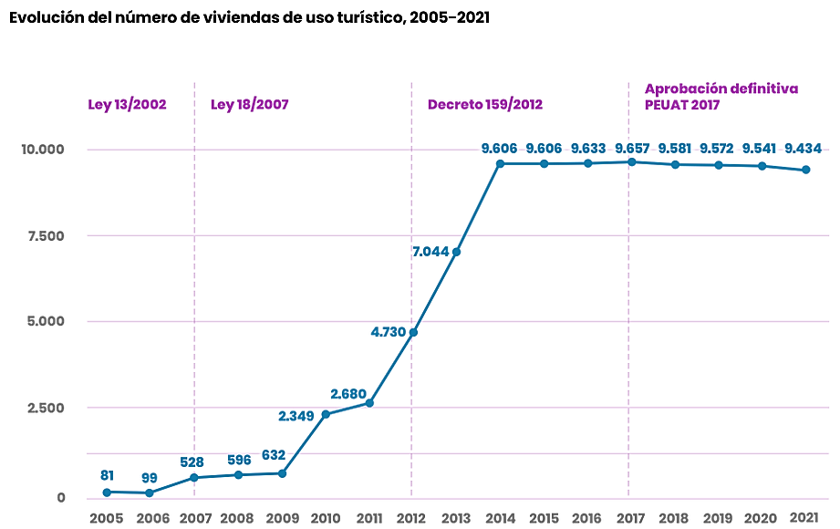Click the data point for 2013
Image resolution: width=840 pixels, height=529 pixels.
click(x=456, y=252)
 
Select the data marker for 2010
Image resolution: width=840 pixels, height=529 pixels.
click(x=326, y=414)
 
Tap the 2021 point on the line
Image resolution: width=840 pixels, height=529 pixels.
click(x=805, y=170)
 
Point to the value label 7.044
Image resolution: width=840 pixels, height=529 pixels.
click(x=430, y=252)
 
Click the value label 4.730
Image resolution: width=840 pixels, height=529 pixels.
click(x=388, y=332)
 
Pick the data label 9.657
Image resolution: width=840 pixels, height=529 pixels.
click(x=633, y=149)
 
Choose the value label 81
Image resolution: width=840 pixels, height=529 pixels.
click(x=107, y=475)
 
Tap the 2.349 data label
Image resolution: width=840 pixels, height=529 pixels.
click(x=296, y=416)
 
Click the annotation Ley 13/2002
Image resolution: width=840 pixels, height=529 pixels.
click(x=127, y=105)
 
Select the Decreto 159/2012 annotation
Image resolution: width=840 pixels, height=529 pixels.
click(x=484, y=105)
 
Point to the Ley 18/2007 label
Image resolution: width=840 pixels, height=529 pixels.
click(x=249, y=105)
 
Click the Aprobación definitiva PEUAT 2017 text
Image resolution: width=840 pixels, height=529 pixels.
click(x=721, y=97)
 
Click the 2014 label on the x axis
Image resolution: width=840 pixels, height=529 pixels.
click(x=500, y=518)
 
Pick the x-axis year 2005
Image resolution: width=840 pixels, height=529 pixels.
click(x=107, y=518)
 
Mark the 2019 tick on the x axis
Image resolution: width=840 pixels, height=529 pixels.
click(x=718, y=518)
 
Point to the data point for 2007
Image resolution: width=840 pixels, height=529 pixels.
click(x=194, y=477)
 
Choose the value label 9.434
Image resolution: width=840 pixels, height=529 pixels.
click(x=804, y=149)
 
